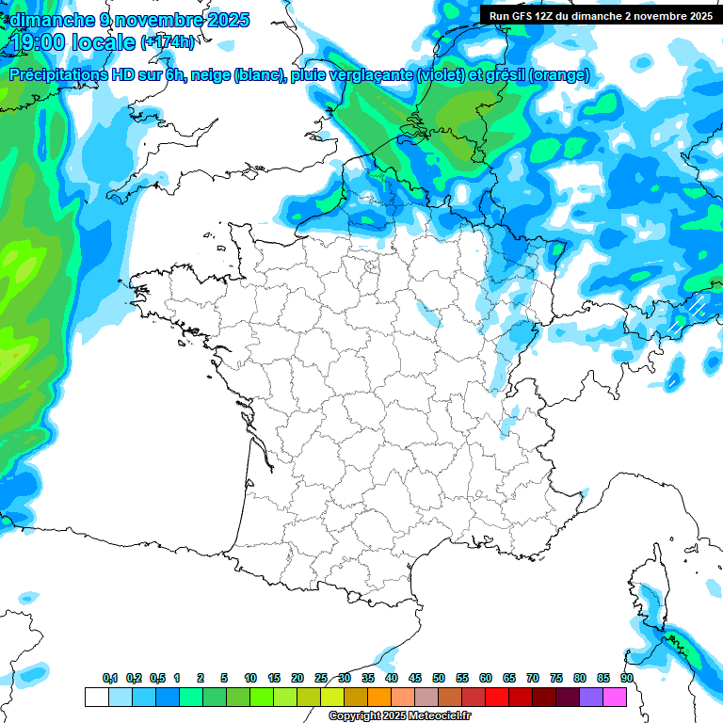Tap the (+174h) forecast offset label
(168, 42)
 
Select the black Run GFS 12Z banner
(600, 15)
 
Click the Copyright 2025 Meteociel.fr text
(399, 716)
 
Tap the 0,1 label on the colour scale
(110, 679)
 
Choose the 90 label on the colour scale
(627, 679)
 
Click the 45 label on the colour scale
(415, 679)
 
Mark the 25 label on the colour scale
(321, 679)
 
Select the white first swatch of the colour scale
(96, 697)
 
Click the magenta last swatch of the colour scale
(615, 697)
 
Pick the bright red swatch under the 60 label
(497, 697)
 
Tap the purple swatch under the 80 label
(591, 697)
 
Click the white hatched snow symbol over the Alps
(695, 306)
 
